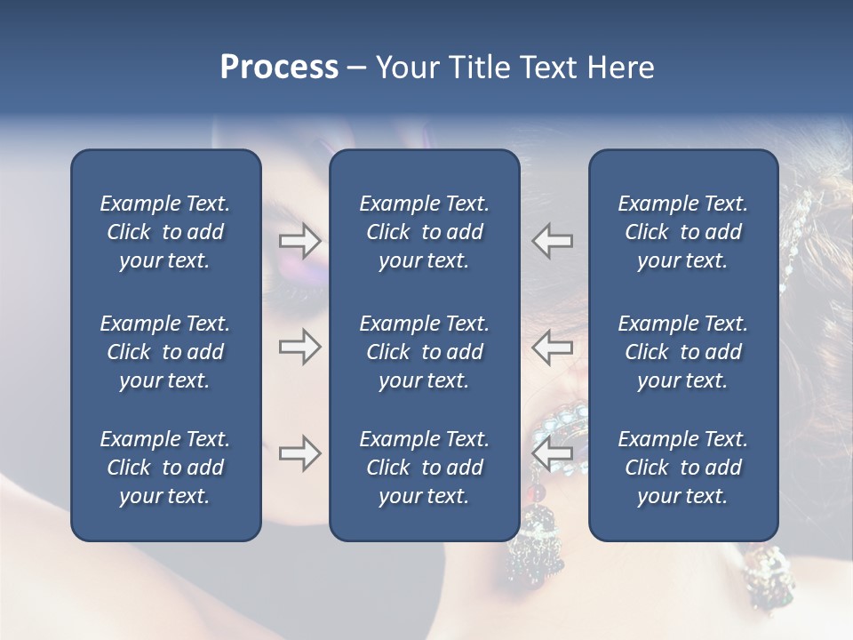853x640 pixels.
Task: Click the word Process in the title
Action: click(279, 68)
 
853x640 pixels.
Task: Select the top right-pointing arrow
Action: click(299, 240)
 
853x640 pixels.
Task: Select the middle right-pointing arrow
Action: click(299, 347)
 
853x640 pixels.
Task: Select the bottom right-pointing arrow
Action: click(299, 453)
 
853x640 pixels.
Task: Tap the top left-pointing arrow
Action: click(553, 240)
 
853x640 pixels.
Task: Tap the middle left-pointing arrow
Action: click(553, 347)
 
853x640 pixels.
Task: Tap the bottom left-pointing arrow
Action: click(553, 453)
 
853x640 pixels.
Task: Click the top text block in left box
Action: click(165, 232)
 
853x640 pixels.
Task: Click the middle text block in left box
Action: click(165, 352)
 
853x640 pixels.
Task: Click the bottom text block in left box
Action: click(165, 468)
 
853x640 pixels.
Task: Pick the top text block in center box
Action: click(424, 232)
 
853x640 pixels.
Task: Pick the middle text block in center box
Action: click(424, 352)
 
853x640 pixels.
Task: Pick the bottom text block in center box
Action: click(424, 468)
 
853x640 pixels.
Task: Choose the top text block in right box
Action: click(682, 232)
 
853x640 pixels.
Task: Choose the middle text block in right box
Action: click(682, 352)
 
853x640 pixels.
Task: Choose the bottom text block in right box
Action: click(682, 468)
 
